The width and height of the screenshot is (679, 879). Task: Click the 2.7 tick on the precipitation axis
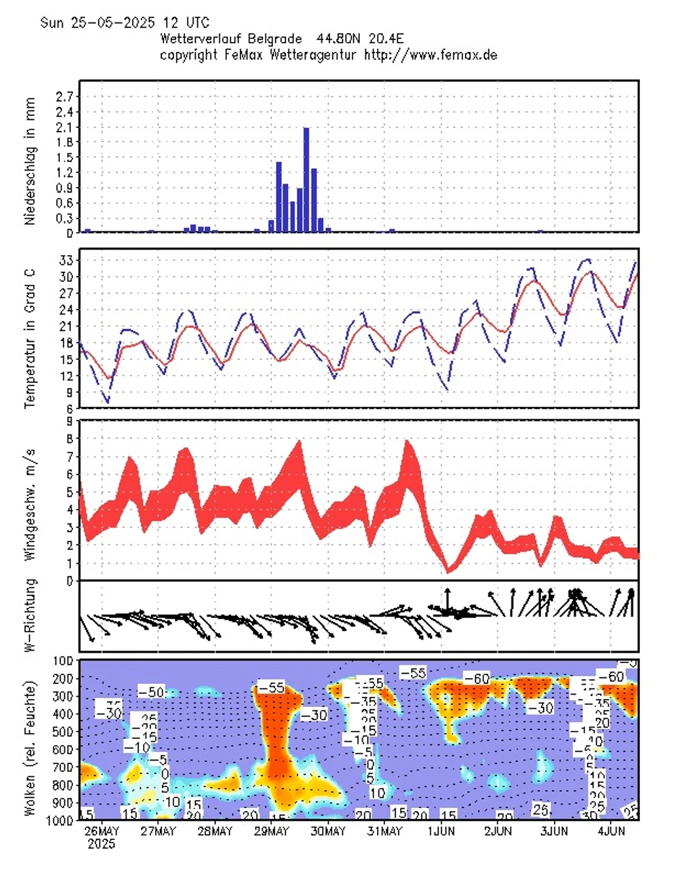click(64, 96)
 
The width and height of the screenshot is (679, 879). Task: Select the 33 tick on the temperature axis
click(64, 260)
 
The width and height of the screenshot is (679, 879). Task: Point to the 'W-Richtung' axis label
click(30, 616)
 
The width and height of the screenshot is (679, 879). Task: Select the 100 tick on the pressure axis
click(61, 661)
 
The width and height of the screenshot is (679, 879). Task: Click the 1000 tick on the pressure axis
click(59, 820)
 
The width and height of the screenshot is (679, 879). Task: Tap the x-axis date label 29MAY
click(270, 831)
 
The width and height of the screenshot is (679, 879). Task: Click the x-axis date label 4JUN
click(611, 831)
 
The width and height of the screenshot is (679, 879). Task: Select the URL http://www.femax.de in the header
click(431, 54)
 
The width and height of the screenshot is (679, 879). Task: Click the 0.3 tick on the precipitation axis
click(64, 218)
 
